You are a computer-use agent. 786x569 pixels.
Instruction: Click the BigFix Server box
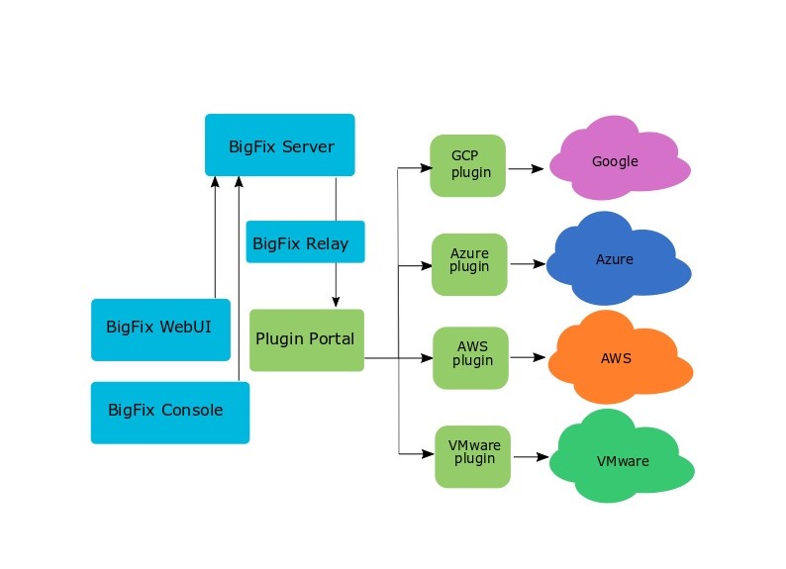coord(279,145)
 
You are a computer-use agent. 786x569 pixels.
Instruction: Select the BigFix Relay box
coord(305,241)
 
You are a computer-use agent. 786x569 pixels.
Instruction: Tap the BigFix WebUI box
coord(160,329)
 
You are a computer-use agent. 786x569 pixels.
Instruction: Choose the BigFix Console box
coord(169,412)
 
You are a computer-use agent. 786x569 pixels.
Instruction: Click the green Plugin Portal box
coord(306,339)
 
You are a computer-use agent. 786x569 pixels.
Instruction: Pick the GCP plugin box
coord(468,165)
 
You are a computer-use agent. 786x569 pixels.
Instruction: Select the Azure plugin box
coord(469,263)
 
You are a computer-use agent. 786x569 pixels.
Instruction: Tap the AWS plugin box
coord(471,356)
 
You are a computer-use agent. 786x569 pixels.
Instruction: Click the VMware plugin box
coord(473,455)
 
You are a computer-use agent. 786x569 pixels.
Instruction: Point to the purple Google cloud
coord(616,162)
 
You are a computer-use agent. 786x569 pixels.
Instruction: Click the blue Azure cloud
coord(616,260)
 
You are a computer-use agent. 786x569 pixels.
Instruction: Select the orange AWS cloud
coord(616,358)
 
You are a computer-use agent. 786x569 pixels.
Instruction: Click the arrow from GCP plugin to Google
coord(526,169)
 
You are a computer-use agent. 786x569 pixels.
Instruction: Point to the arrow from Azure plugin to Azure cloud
coord(527,264)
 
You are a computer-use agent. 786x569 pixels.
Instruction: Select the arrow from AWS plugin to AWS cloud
coord(528,358)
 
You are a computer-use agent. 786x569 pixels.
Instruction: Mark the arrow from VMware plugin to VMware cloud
coord(530,457)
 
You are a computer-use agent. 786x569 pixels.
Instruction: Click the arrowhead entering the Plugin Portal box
coord(336,303)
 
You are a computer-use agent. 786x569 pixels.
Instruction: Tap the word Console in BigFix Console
coord(192,411)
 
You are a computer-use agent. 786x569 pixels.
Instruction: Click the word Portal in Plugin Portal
coord(331,338)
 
